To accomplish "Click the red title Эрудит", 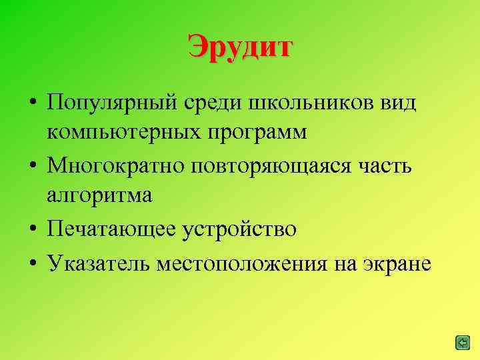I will click(240, 47).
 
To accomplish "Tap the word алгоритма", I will click(100, 195).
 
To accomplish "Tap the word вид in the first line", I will click(397, 103).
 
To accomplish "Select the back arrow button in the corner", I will click(461, 343).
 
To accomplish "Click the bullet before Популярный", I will click(31, 105).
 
